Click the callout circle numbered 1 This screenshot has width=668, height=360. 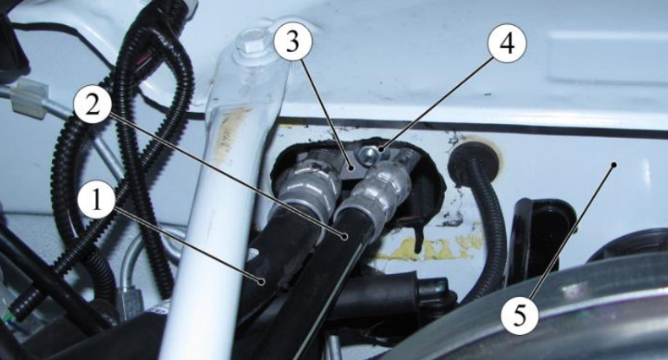tap(97, 200)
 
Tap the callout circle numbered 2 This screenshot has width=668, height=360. tap(93, 104)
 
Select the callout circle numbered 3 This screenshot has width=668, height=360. tap(292, 44)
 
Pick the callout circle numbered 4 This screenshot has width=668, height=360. tap(507, 44)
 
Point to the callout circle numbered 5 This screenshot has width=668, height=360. tap(520, 316)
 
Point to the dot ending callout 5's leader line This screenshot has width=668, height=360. tap(614, 164)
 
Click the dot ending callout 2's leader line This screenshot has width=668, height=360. tap(344, 235)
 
